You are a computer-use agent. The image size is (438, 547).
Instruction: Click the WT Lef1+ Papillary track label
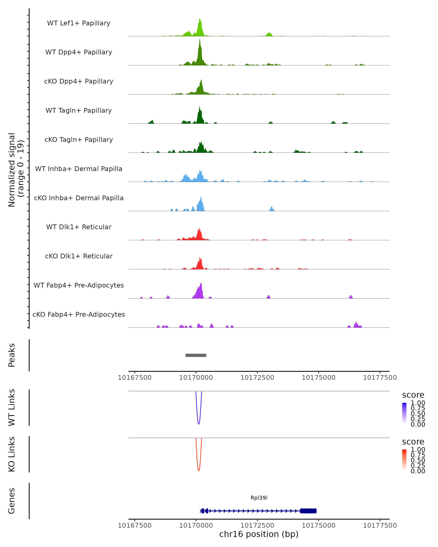tap(79, 23)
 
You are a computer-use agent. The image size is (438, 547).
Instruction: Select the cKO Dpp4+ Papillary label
tap(79, 81)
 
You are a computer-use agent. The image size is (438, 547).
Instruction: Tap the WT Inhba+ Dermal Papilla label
tap(79, 169)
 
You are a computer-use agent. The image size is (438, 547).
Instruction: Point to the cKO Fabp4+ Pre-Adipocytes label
tap(79, 314)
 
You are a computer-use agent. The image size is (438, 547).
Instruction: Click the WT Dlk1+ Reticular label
tap(79, 227)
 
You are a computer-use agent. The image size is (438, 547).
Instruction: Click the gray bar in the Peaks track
tap(196, 355)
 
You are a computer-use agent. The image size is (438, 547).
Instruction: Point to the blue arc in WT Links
tap(199, 423)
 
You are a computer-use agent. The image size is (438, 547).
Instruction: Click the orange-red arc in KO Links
tap(199, 470)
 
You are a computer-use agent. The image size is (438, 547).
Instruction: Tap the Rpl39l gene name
tap(259, 498)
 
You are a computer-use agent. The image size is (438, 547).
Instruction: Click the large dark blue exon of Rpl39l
tap(308, 511)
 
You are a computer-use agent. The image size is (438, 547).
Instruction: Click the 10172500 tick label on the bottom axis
tap(257, 525)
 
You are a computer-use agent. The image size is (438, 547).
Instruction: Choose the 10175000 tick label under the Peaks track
tap(318, 378)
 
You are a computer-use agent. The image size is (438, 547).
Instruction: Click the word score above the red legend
tap(413, 442)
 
